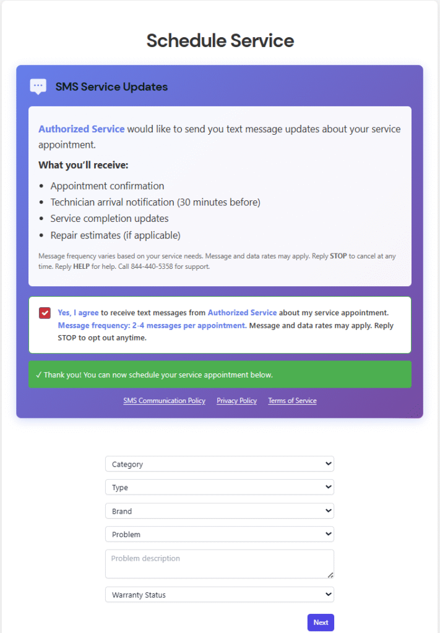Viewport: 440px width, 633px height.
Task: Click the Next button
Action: click(x=321, y=622)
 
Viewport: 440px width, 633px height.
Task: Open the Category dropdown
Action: click(x=219, y=464)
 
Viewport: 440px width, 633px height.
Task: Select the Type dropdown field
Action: click(x=219, y=487)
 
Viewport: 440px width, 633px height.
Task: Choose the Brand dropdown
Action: click(x=219, y=511)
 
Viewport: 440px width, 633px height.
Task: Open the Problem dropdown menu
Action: click(x=219, y=534)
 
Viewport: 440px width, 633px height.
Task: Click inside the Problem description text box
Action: click(x=219, y=564)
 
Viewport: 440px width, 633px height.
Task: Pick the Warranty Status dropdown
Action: click(x=219, y=595)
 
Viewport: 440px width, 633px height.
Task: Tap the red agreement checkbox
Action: click(x=45, y=313)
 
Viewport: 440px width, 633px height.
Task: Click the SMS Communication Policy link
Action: click(x=164, y=401)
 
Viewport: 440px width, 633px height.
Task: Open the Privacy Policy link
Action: click(x=236, y=401)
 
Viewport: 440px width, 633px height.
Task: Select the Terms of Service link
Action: click(x=292, y=401)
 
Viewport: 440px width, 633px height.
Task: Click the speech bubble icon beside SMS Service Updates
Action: click(x=38, y=87)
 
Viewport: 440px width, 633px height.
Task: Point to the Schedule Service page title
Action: click(x=220, y=41)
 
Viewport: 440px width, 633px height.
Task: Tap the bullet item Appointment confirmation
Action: click(x=107, y=186)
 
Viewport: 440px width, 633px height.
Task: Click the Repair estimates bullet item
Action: click(x=115, y=235)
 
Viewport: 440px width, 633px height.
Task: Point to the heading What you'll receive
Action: click(x=83, y=165)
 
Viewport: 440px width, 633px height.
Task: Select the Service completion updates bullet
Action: click(x=110, y=218)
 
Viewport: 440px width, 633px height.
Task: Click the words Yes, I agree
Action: click(x=78, y=313)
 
